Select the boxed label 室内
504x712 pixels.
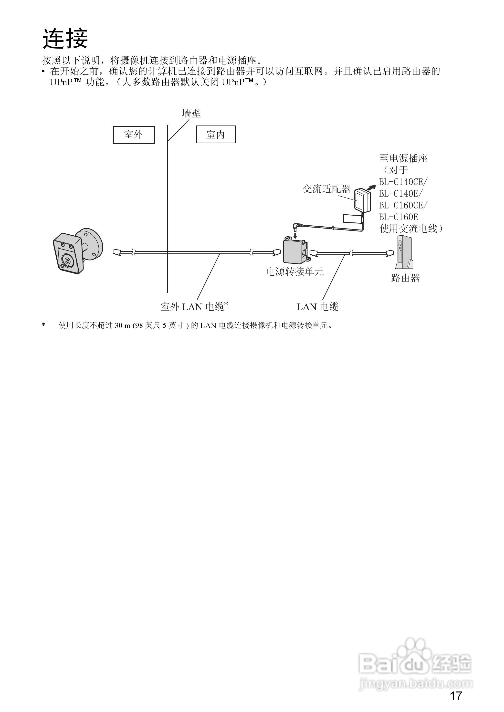(x=216, y=134)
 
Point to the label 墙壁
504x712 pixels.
(x=191, y=114)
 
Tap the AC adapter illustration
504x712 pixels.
(x=361, y=200)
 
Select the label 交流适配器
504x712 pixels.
(x=326, y=189)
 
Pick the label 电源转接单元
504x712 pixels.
(x=295, y=272)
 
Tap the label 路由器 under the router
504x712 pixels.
(x=405, y=278)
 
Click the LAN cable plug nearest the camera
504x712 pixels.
(x=117, y=252)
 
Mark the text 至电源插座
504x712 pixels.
(x=403, y=158)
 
